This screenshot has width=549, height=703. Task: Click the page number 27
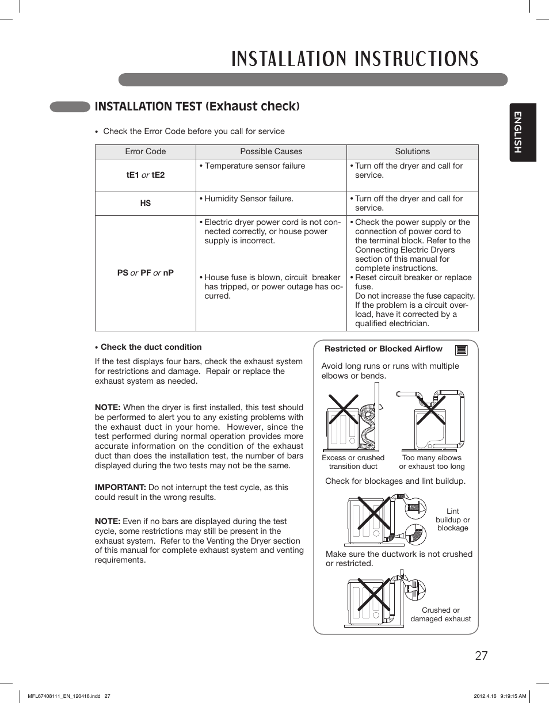481,656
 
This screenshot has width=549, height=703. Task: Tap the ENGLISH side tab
523,132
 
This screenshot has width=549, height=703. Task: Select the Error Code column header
145,152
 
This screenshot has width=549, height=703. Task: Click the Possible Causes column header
271,152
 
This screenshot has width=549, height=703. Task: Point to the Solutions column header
412,152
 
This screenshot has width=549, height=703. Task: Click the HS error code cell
145,204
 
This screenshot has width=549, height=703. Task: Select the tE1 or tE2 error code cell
145,175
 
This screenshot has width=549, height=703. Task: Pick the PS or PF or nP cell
145,273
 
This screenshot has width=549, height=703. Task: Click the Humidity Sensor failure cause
249,198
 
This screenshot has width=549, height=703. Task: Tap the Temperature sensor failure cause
254,166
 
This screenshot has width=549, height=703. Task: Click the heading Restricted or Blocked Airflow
383,349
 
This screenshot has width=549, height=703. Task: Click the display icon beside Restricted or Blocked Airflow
460,350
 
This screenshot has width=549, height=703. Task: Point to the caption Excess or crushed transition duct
353,462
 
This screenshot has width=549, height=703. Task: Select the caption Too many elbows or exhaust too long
432,462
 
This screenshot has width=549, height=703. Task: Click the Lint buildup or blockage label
452,519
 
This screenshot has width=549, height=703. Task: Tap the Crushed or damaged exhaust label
440,614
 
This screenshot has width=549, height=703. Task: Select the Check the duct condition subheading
151,347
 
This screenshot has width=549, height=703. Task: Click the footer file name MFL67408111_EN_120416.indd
64,696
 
